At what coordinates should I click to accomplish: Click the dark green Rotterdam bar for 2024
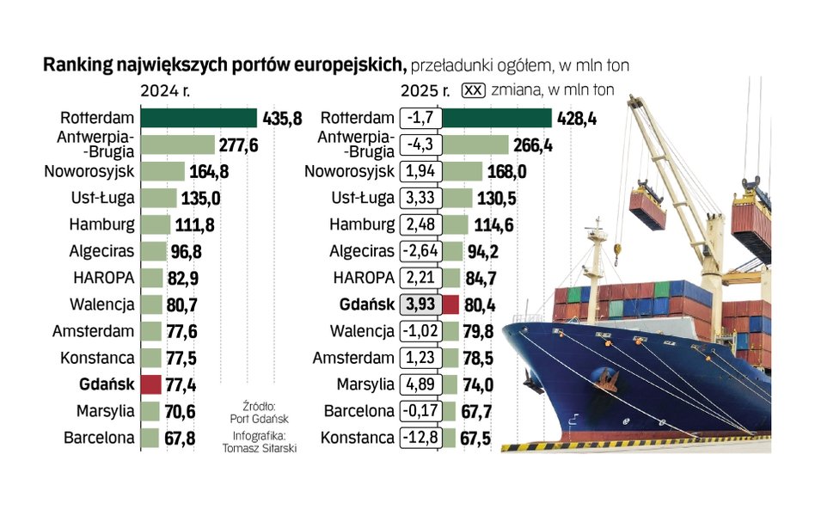coord(198,119)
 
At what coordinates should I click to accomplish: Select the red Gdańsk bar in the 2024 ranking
coord(150,384)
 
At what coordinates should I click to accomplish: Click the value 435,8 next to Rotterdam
coord(281,119)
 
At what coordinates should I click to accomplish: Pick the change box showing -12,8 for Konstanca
coord(421,438)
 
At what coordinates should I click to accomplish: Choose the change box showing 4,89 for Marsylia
coord(421,384)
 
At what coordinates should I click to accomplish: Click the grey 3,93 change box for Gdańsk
coord(421,304)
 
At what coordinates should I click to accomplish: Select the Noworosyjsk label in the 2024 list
coord(89,172)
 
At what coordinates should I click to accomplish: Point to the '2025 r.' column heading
coord(426,89)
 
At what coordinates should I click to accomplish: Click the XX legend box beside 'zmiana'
coord(474,89)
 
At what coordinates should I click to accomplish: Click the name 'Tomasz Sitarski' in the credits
coord(259,447)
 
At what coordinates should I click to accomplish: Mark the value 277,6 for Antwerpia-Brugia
coord(238,145)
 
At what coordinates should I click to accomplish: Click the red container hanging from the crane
coord(647,209)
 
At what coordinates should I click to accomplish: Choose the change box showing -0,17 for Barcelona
coord(421,411)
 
